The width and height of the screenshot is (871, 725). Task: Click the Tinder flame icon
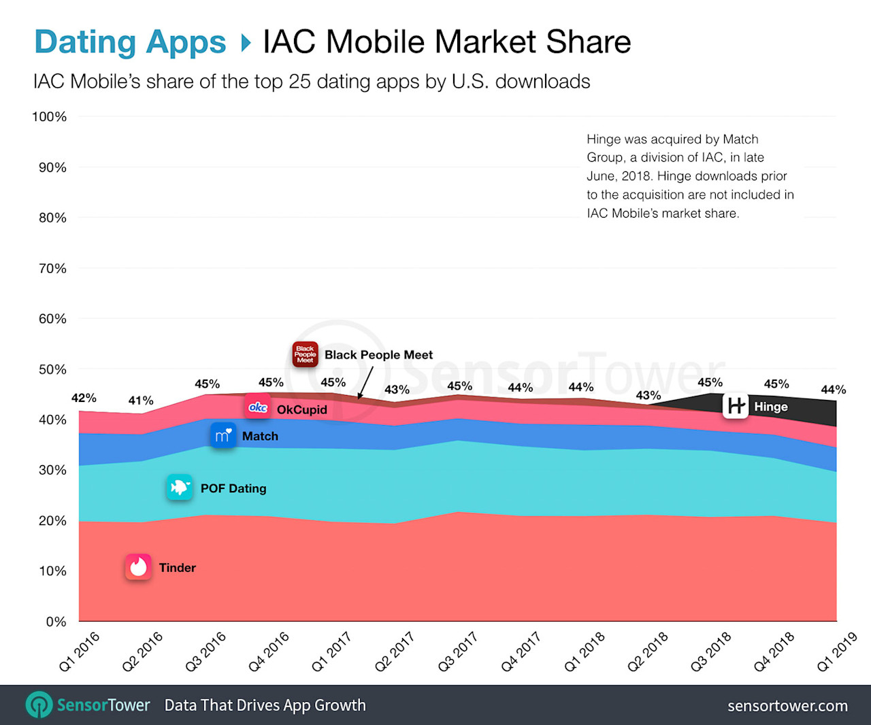(138, 567)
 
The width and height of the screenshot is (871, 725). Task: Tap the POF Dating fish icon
(180, 488)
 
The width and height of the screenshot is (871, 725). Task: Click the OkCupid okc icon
(258, 407)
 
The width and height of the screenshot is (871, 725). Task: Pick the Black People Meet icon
(306, 354)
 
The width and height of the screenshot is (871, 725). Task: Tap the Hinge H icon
(736, 406)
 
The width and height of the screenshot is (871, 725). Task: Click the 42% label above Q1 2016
(84, 398)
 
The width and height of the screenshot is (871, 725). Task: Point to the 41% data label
(141, 401)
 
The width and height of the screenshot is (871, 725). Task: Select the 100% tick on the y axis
(50, 117)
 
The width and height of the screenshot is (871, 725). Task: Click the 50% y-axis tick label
(52, 369)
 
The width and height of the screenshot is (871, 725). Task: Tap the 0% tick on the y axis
(56, 622)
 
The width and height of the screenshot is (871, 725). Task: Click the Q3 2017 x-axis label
(457, 652)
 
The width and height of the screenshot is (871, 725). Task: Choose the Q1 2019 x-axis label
(836, 652)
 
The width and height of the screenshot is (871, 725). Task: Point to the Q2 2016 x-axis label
(142, 652)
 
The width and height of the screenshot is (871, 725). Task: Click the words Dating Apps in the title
(130, 41)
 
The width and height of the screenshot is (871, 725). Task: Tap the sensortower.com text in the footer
(787, 706)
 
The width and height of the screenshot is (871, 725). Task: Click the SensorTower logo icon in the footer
(39, 705)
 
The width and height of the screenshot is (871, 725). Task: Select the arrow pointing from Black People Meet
(365, 383)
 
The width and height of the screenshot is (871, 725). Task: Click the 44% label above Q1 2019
(833, 390)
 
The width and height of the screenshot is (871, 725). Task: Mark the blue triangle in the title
(246, 43)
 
